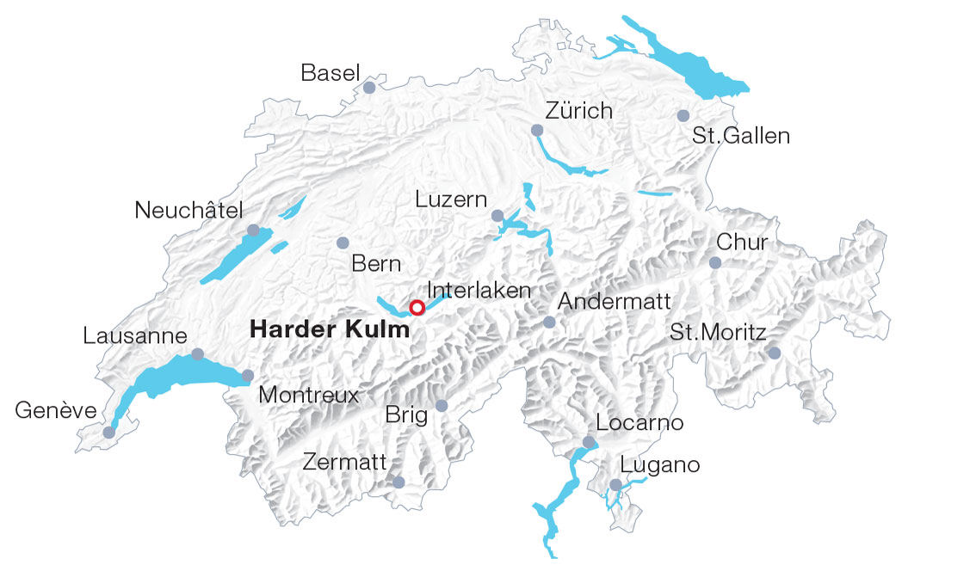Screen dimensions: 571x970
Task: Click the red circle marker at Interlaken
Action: (417, 307)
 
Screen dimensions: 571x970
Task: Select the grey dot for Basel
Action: (369, 88)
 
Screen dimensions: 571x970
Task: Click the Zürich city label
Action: (579, 111)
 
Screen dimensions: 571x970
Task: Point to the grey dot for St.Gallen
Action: (683, 115)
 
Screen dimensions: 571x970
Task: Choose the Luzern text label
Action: (450, 200)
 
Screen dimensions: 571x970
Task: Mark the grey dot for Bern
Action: (343, 243)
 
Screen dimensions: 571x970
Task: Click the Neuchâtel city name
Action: (189, 210)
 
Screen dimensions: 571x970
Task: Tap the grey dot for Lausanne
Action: (198, 354)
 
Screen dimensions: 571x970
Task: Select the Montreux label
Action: (308, 396)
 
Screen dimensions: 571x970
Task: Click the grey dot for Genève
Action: (108, 433)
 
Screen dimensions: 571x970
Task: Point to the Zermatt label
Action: (344, 462)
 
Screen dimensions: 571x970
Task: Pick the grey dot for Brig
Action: (442, 405)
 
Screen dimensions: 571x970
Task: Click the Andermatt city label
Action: (614, 301)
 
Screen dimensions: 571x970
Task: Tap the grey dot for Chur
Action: (715, 262)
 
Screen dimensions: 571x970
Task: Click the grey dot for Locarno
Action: (589, 442)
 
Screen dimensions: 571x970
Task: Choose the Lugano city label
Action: (660, 465)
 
